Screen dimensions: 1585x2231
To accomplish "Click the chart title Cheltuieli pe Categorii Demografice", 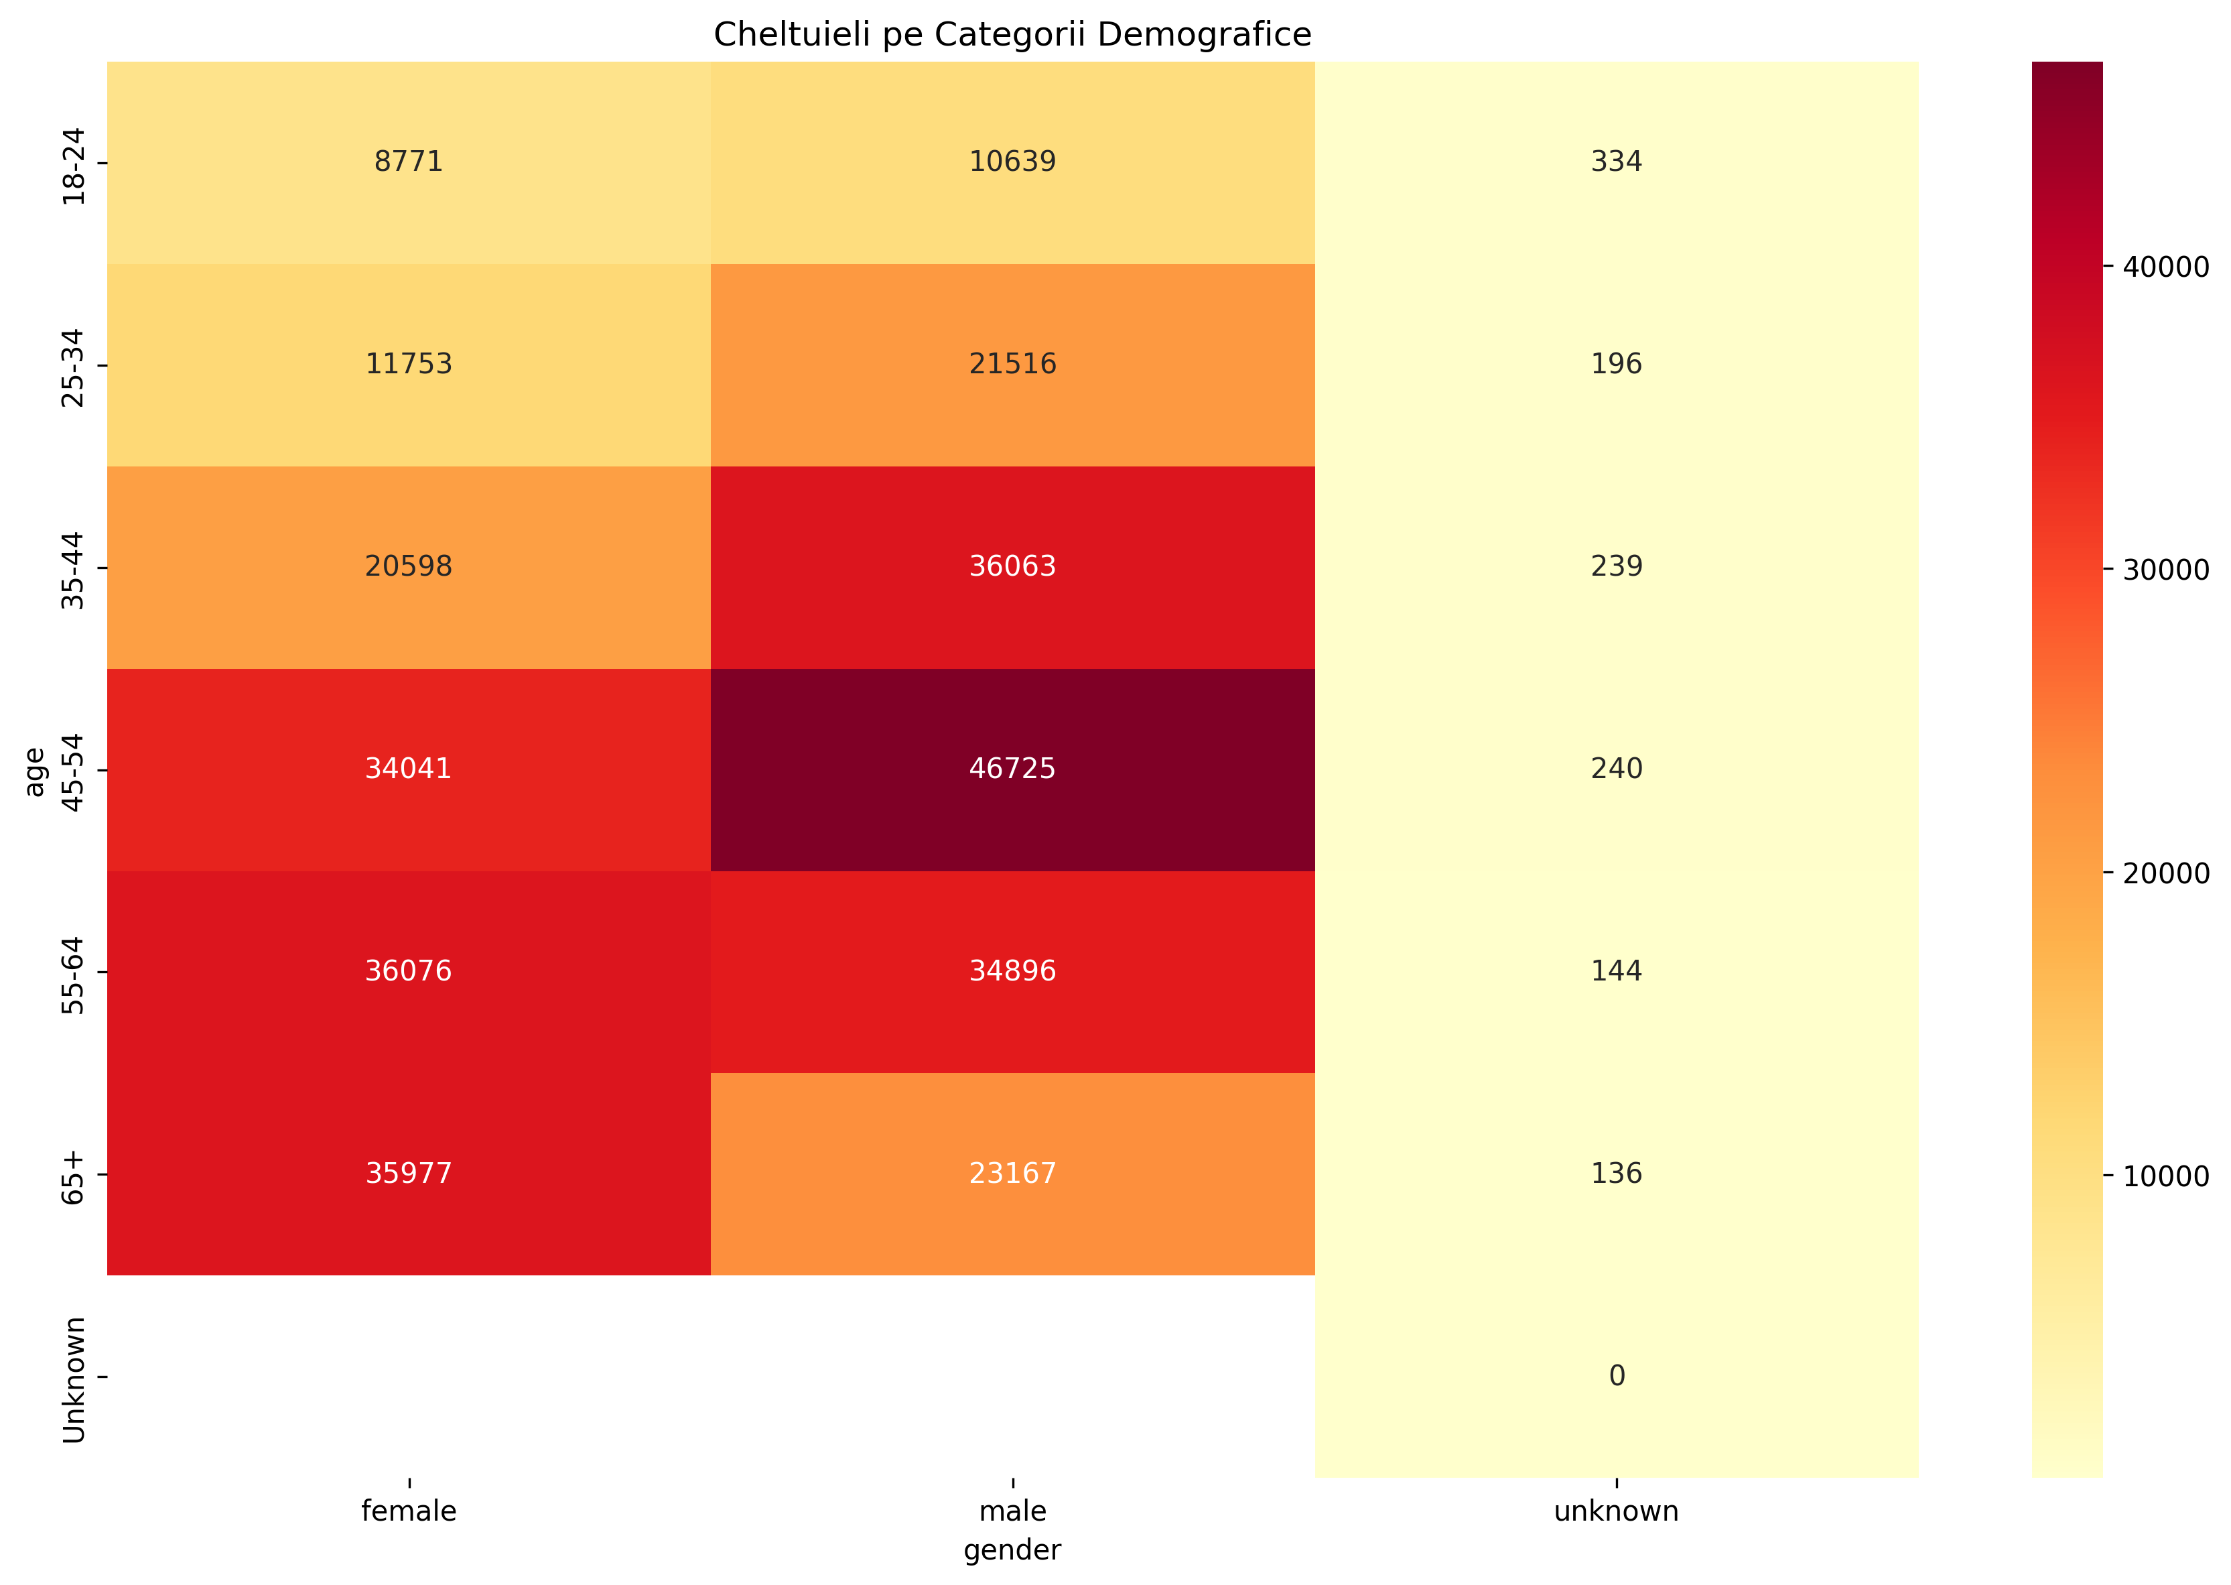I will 1012,35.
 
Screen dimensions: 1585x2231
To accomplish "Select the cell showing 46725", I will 1012,769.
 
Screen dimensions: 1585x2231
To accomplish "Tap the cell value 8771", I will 408,162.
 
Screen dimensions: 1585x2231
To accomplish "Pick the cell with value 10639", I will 1012,162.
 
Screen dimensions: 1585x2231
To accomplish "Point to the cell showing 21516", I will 1012,364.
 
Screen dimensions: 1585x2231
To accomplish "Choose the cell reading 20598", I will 408,566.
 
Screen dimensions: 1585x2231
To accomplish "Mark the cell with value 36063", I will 1012,566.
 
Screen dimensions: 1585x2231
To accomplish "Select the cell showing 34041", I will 408,769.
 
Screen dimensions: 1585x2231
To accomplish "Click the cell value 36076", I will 408,971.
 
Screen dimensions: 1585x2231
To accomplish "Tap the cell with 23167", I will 1012,1173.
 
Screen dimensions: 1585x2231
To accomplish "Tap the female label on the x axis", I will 408,1512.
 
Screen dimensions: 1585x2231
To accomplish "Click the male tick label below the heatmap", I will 1012,1512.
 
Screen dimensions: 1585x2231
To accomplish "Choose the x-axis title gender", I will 1012,1551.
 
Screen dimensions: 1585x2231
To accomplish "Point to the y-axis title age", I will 35,771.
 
